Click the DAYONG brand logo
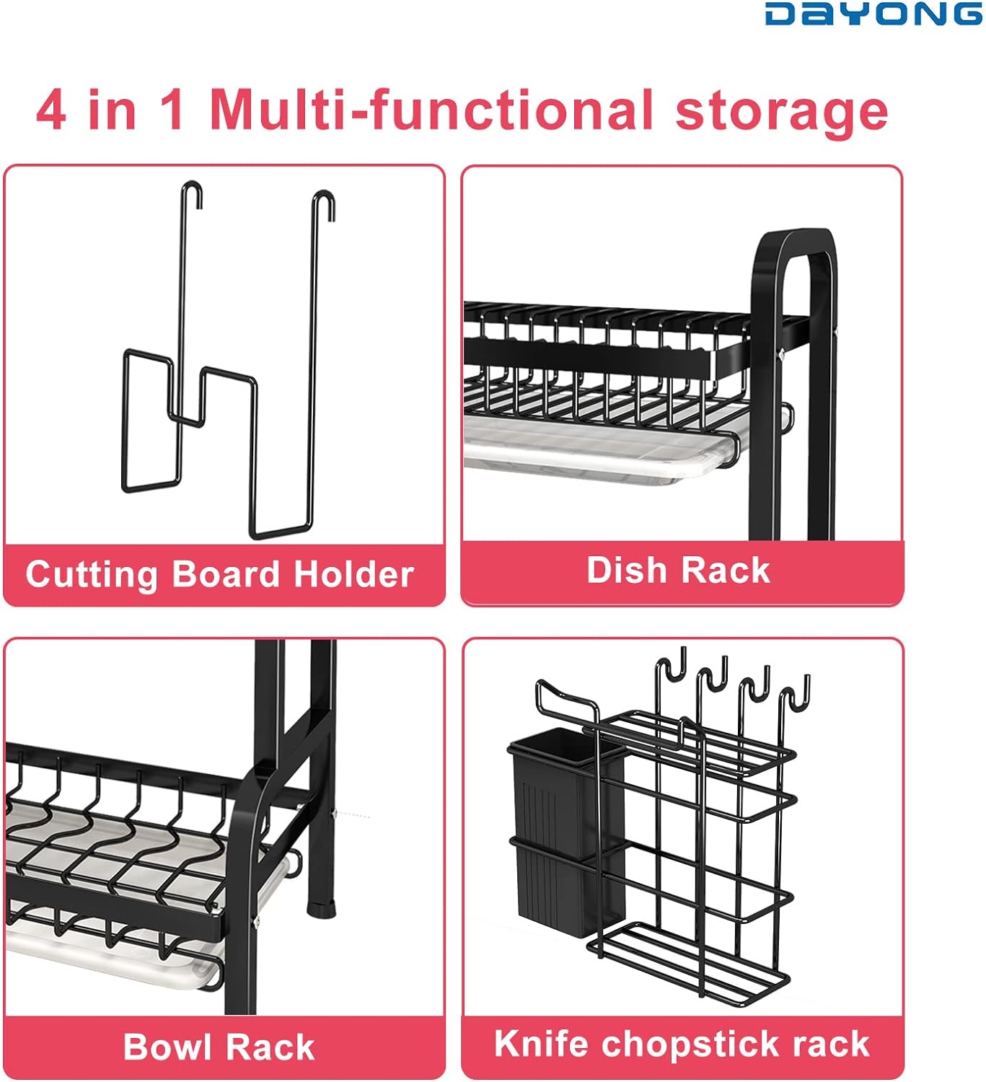[x=873, y=14]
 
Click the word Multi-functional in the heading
[x=432, y=110]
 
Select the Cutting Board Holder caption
[x=219, y=574]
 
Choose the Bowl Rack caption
[x=219, y=1047]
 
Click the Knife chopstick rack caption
[x=682, y=1044]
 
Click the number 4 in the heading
[x=51, y=110]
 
